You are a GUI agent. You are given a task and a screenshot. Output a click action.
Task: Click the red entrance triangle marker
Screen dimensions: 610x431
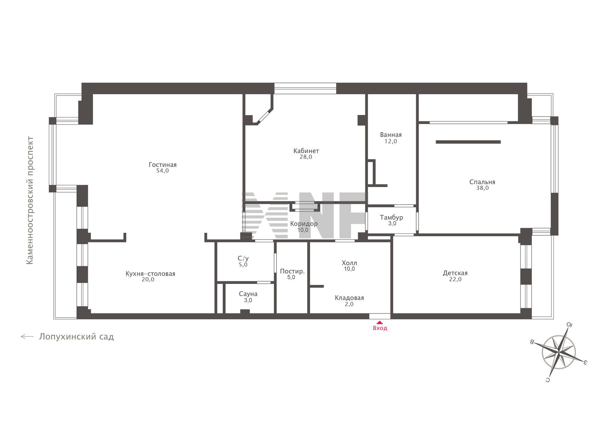tap(380, 322)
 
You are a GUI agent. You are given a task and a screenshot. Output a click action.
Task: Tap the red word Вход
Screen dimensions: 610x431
tap(380, 328)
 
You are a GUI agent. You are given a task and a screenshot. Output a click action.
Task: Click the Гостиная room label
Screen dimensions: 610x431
tap(162, 165)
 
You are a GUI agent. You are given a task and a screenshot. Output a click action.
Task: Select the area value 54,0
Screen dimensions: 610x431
tap(162, 171)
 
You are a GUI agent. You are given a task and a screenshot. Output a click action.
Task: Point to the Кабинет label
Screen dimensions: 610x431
tap(306, 151)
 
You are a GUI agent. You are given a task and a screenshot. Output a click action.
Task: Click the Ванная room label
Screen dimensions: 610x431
tap(391, 135)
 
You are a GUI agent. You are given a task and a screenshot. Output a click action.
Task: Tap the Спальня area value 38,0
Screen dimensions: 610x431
tap(482, 188)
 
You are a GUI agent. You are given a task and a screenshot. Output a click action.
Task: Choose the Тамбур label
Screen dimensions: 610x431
tap(391, 217)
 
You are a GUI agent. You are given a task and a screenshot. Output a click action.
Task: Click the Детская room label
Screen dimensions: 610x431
tap(455, 273)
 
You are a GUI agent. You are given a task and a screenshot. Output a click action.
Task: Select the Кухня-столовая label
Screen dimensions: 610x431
tap(150, 274)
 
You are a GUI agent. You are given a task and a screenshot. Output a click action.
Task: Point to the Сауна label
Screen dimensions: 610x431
tap(248, 294)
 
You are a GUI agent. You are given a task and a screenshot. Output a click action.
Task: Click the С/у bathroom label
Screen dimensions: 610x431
tap(243, 259)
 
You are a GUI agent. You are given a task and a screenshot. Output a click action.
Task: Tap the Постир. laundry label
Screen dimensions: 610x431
tap(292, 272)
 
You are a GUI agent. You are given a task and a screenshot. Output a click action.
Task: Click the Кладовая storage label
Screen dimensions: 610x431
tap(349, 298)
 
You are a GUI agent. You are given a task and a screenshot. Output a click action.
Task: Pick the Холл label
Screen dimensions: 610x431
tap(349, 263)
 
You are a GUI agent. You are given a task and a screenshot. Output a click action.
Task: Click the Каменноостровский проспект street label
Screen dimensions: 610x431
tap(30, 200)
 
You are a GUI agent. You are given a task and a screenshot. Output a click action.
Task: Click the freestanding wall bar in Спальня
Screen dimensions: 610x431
tap(468, 142)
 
